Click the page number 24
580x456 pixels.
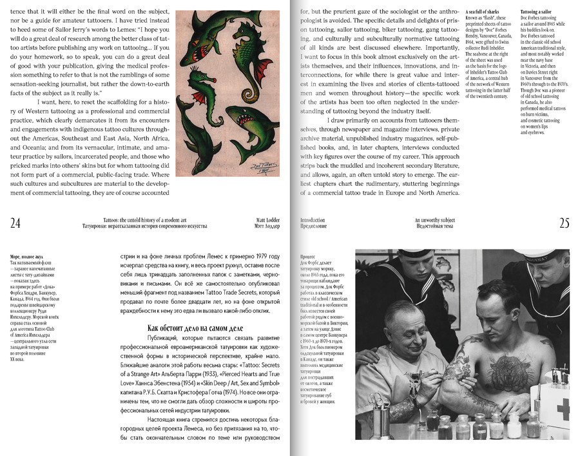pyautogui.click(x=15, y=223)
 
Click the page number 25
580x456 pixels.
pyautogui.click(x=564, y=223)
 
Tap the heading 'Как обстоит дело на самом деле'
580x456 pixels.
pyautogui.click(x=186, y=328)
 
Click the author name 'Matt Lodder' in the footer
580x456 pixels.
pyautogui.click(x=268, y=220)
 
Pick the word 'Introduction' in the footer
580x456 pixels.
pyautogui.click(x=313, y=220)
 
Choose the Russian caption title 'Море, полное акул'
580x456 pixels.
pyautogui.click(x=26, y=257)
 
